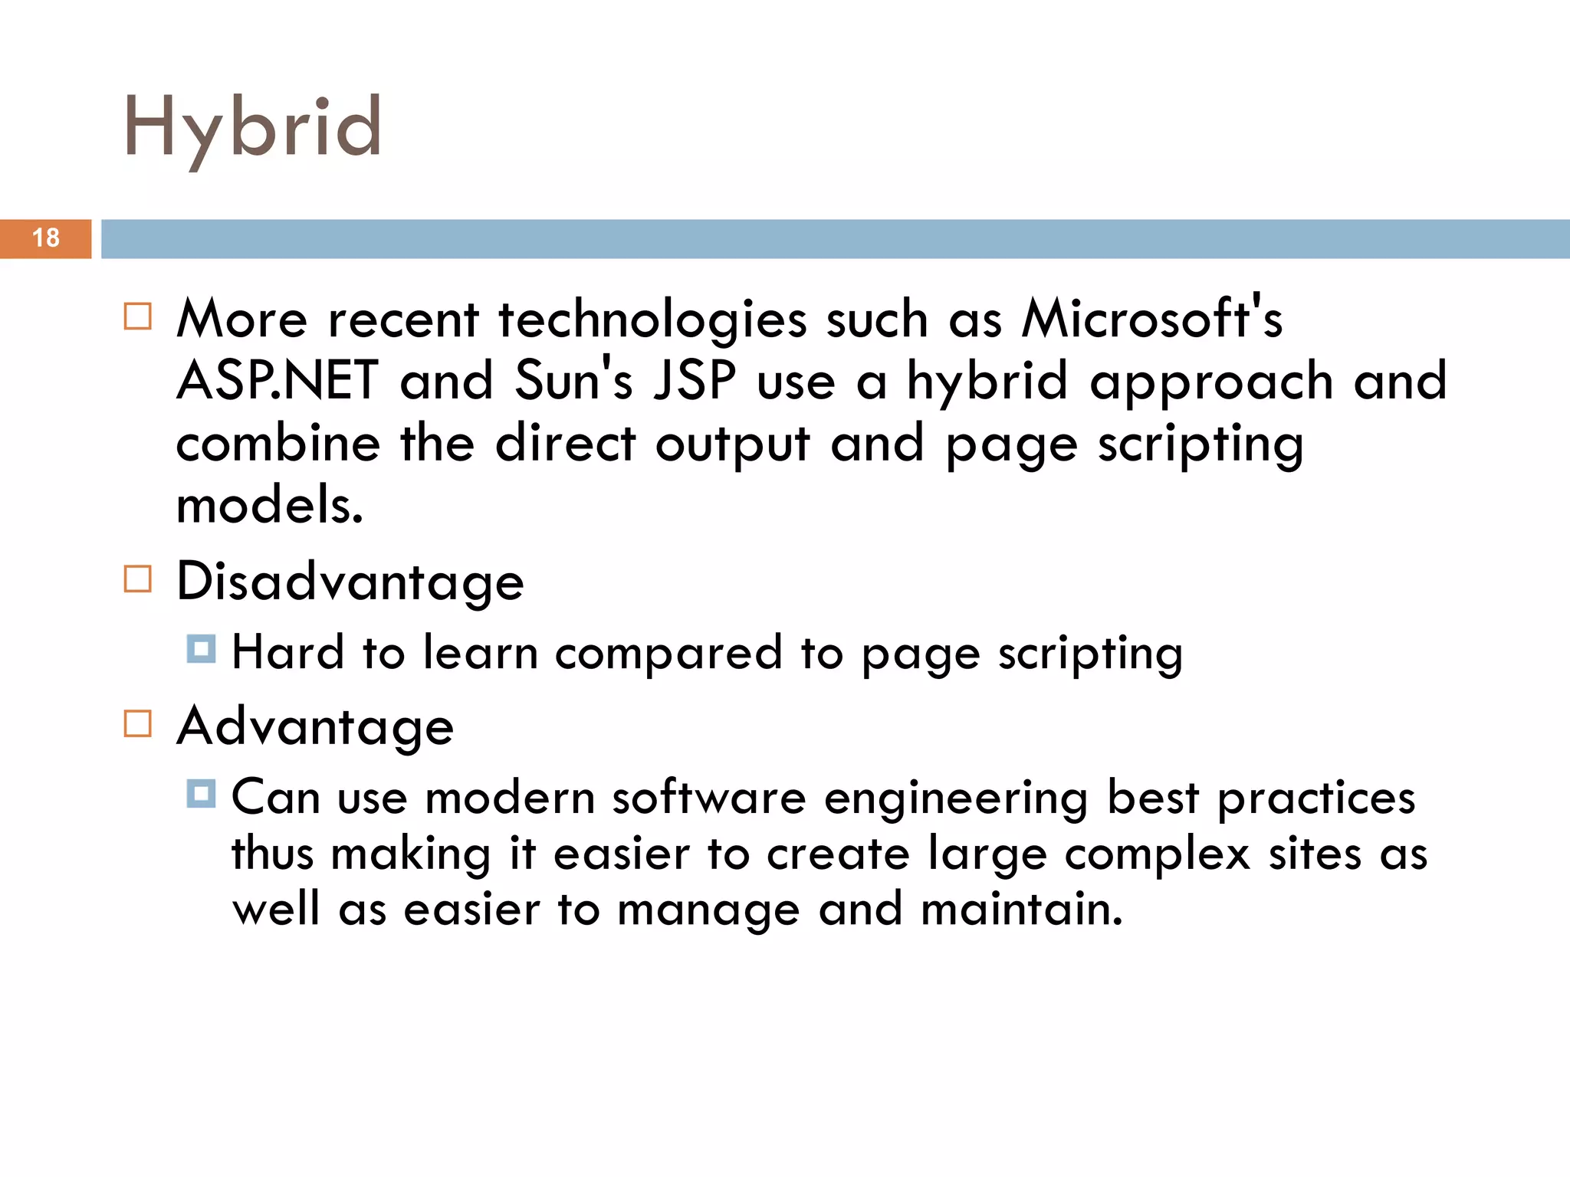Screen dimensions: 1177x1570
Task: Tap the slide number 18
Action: tap(46, 238)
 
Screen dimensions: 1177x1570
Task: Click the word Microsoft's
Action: tap(1151, 318)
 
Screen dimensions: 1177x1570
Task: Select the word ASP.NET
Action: tap(278, 381)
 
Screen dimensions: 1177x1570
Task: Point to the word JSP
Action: tap(695, 381)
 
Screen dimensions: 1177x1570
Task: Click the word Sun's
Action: tap(573, 381)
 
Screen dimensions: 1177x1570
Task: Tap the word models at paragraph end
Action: tap(268, 507)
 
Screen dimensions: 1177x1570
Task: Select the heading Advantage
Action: tap(315, 726)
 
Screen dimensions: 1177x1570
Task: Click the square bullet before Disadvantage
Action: tap(138, 579)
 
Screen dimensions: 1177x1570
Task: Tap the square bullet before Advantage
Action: tap(138, 723)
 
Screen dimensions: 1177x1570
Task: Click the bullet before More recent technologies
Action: tap(138, 316)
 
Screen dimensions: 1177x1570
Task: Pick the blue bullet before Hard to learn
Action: tap(201, 649)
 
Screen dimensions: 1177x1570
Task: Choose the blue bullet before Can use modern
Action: tap(201, 794)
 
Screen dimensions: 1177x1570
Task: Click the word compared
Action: tap(668, 654)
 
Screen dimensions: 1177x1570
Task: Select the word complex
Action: tap(1157, 854)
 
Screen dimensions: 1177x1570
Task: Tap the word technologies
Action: tap(652, 320)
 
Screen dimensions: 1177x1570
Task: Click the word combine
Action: tap(278, 444)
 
